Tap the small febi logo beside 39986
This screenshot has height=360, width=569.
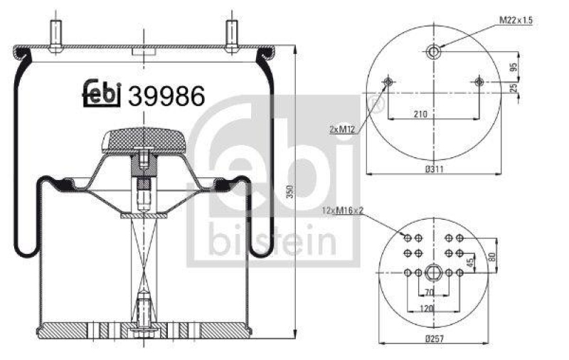click(102, 93)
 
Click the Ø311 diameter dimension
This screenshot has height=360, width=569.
click(435, 169)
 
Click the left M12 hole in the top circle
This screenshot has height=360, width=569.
click(388, 83)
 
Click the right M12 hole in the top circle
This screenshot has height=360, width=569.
click(479, 83)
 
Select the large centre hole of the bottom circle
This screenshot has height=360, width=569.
click(433, 272)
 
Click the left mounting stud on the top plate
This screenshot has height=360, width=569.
click(54, 33)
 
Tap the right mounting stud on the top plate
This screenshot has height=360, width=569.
click(231, 33)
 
